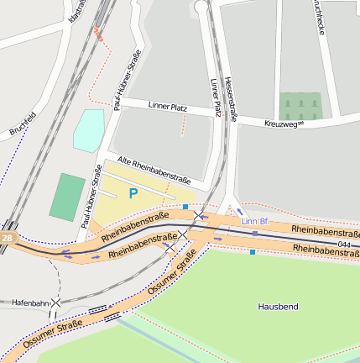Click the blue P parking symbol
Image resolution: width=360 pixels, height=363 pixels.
[x=132, y=193]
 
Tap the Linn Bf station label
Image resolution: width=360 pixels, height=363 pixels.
[x=253, y=221]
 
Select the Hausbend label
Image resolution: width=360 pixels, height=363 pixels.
[x=278, y=308]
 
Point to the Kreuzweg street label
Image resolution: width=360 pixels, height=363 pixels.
[x=283, y=124]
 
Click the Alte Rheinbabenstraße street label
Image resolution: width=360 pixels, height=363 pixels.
[x=154, y=171]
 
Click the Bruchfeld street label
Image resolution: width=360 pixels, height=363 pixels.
[x=22, y=124]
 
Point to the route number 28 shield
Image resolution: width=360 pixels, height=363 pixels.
[x=7, y=239]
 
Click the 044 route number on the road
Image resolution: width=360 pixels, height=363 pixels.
[x=345, y=244]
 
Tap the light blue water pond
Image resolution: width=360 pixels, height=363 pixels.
[x=88, y=130]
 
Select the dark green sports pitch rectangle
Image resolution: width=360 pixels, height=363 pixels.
[x=67, y=197]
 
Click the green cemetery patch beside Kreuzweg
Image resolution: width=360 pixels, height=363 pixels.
[x=300, y=106]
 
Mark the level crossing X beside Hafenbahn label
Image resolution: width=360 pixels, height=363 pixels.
[x=55, y=302]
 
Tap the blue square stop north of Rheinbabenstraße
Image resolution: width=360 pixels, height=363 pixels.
[x=185, y=207]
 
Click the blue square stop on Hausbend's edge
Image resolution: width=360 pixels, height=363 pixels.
[x=253, y=251]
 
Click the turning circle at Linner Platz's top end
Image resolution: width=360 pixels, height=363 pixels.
[x=201, y=8]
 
